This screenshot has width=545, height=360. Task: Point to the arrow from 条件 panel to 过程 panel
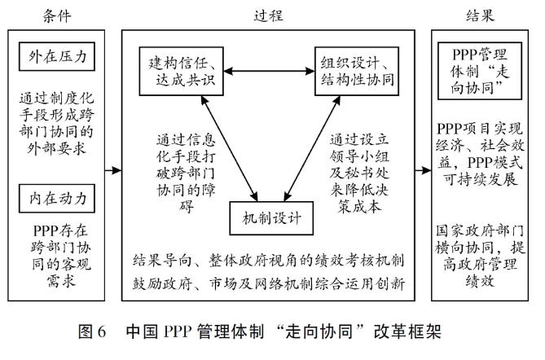click(x=114, y=171)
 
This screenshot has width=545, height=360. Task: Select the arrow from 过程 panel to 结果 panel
click(x=422, y=171)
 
